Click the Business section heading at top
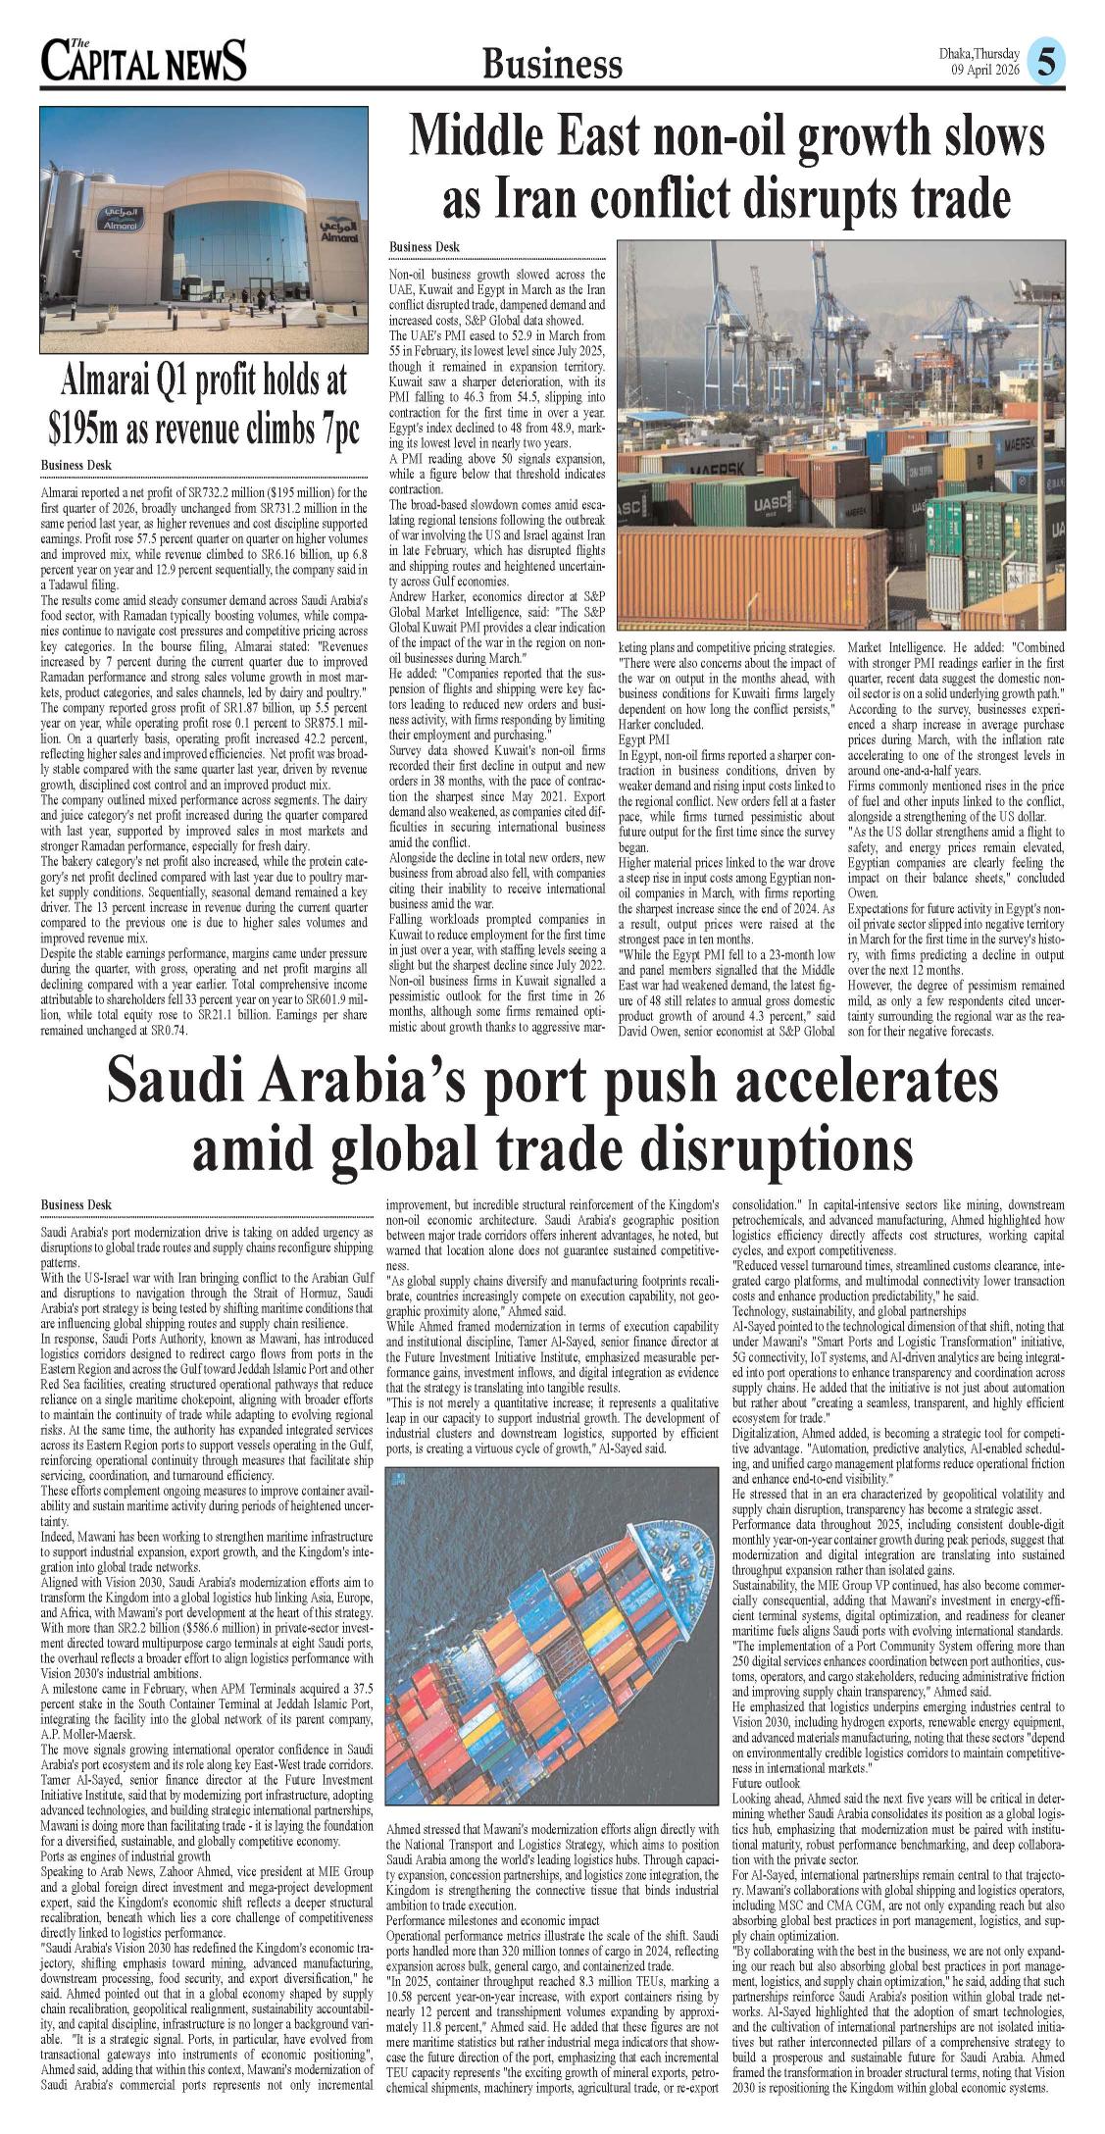coord(552,65)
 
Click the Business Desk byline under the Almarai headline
coord(76,465)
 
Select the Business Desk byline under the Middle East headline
coord(425,247)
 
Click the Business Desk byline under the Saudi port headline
coord(76,1204)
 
